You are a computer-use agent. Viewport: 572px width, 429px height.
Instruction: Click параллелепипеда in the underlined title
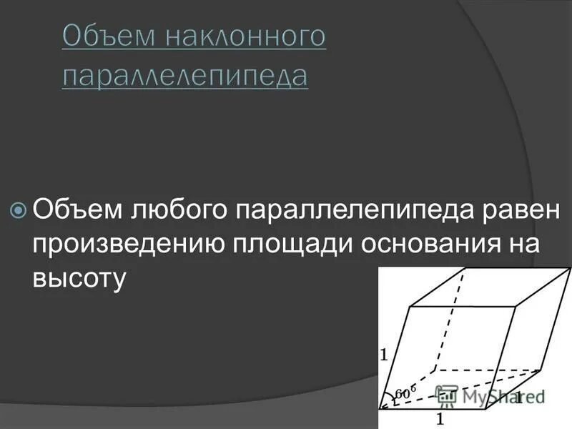(x=185, y=74)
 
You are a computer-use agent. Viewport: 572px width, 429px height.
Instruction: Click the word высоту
(x=79, y=277)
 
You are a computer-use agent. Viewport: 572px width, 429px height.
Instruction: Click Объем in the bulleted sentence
(x=77, y=210)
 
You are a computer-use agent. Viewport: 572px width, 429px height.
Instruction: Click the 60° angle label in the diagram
(x=404, y=393)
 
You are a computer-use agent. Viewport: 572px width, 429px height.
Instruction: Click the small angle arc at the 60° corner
(x=394, y=398)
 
